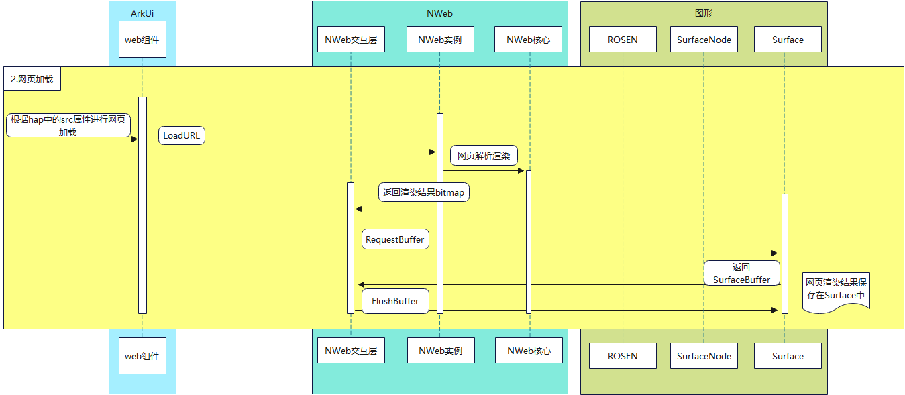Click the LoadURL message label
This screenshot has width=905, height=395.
pos(182,135)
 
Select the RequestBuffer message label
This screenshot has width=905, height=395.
pos(394,239)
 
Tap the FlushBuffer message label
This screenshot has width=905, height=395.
pos(394,301)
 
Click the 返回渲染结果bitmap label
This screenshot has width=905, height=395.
pos(423,192)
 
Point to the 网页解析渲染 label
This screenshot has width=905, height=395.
pos(483,156)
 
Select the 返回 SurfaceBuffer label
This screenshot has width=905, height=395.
pos(741,273)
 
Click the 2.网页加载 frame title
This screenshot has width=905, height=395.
pos(32,79)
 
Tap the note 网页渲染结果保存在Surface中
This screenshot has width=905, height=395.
pos(836,289)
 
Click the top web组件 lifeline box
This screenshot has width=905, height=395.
pos(142,40)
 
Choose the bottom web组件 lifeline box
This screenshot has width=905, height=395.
pos(142,356)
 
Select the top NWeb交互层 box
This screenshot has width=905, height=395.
pos(351,40)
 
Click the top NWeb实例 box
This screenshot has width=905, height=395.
pos(440,40)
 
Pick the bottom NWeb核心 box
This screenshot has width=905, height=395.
pos(529,351)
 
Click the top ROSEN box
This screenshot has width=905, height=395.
pos(623,40)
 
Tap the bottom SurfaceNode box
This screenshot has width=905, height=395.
pos(704,356)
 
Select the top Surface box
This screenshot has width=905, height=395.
pos(788,40)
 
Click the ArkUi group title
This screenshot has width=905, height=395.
pos(142,13)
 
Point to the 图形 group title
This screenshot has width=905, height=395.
pos(704,13)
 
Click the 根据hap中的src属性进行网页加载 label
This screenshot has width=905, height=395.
pos(68,125)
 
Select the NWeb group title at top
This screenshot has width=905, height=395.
pos(439,13)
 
